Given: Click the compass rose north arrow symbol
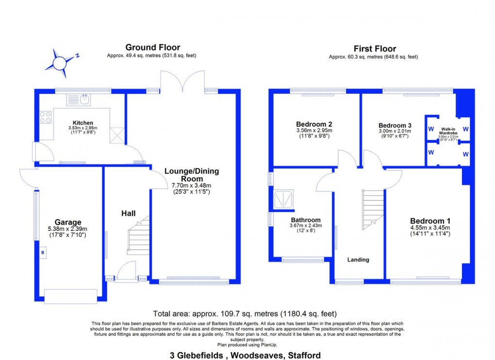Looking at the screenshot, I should [60, 63].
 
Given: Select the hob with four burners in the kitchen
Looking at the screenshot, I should [45, 117].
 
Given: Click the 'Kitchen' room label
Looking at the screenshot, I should [83, 123].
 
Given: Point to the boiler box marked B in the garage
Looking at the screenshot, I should [43, 253].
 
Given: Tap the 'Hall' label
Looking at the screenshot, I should [128, 213].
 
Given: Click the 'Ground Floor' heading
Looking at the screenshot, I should [152, 48].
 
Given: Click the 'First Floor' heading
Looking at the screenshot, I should [374, 49].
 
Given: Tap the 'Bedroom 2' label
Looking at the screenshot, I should [313, 124].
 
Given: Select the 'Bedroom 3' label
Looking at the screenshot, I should [395, 125].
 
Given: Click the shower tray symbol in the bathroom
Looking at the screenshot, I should [284, 200].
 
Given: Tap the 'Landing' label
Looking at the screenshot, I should [358, 260].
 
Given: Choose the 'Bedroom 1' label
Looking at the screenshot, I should [427, 221].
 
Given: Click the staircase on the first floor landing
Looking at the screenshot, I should [373, 209].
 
